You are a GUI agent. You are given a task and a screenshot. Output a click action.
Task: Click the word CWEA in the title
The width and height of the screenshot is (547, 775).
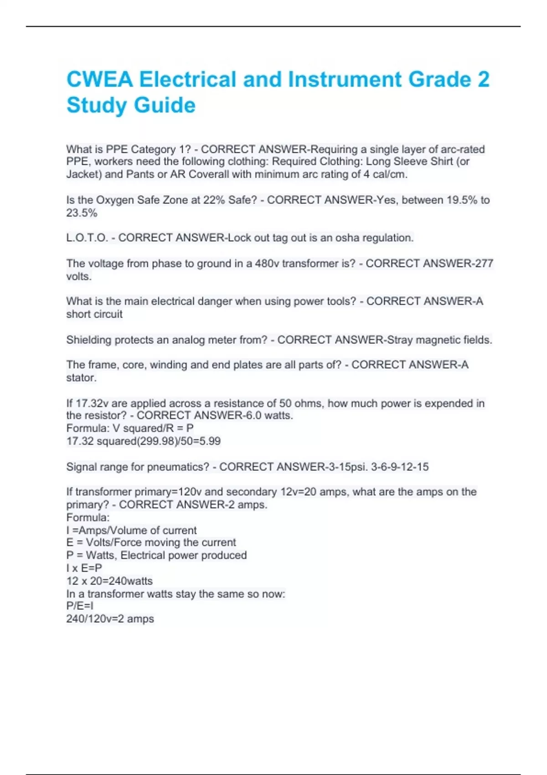coord(99,80)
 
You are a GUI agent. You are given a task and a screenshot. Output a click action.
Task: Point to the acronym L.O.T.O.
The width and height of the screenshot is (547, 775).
coord(87,238)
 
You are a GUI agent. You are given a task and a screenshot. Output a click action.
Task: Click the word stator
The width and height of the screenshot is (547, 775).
coord(81,378)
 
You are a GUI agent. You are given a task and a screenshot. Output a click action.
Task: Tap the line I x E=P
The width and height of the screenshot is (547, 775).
coord(84,568)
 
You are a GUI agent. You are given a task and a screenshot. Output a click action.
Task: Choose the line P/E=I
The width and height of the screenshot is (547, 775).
coord(80,606)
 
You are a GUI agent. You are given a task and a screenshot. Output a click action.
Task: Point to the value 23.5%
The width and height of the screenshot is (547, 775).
coord(82,213)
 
